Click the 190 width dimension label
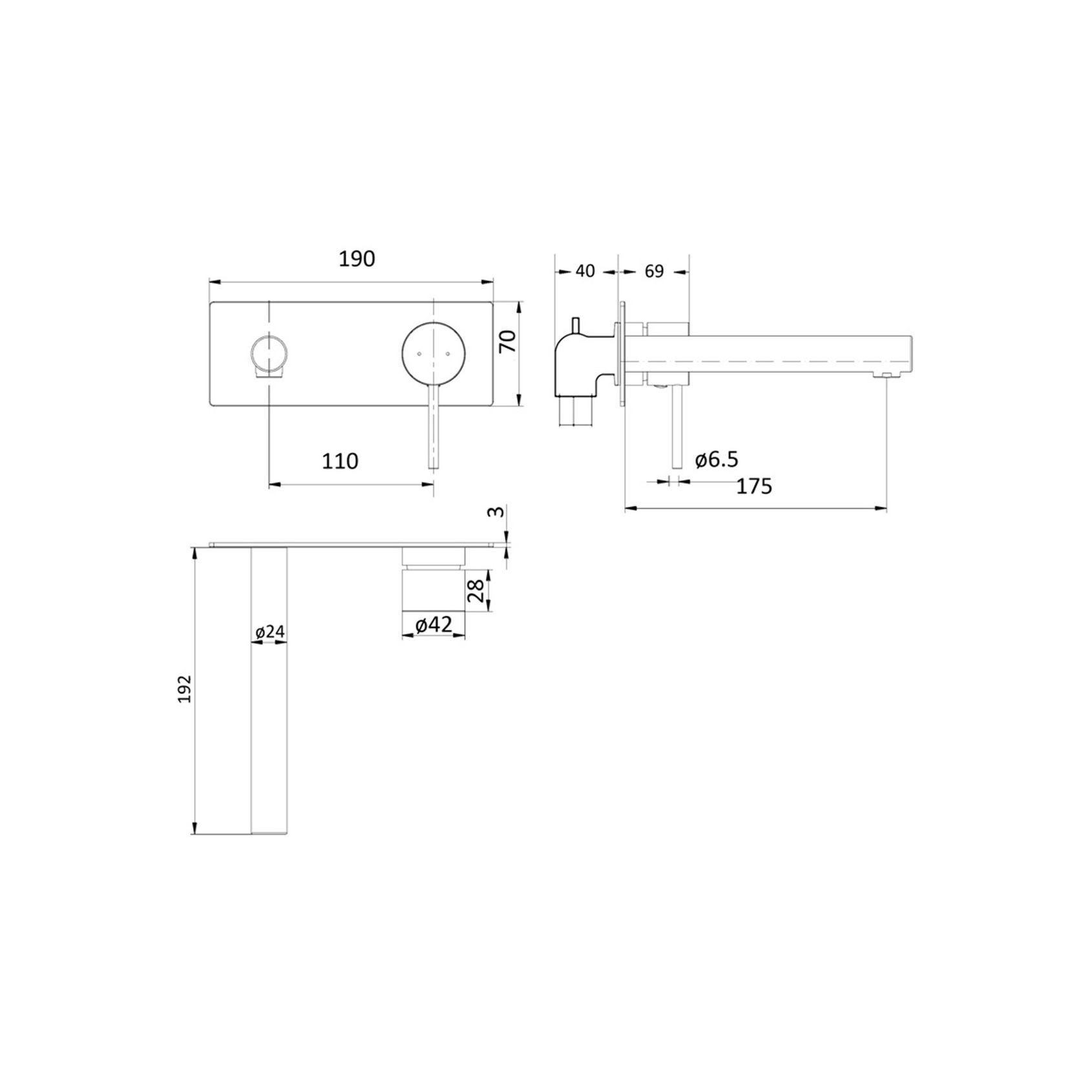point(357,259)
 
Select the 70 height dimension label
point(509,341)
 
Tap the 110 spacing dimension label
point(340,461)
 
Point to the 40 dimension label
point(584,271)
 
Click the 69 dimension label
point(654,271)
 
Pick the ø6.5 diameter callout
point(716,460)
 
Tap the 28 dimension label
point(476,589)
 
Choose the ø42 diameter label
point(433,625)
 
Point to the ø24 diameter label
point(269,632)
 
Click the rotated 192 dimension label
point(186,689)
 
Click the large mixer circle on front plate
point(433,353)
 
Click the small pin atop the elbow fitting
point(573,323)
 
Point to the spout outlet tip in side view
point(885,375)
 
